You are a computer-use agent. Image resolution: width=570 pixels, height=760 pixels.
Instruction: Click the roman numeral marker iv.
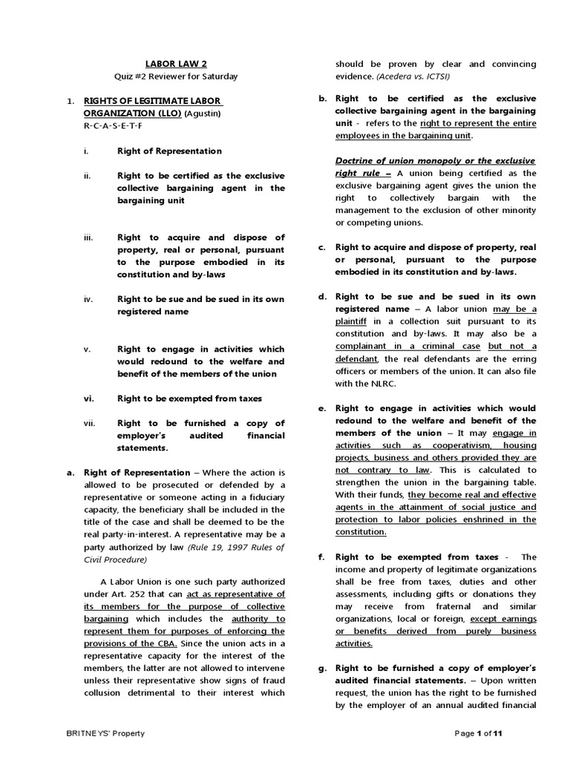[88, 299]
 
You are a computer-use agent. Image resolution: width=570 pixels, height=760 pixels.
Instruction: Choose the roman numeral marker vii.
[89, 423]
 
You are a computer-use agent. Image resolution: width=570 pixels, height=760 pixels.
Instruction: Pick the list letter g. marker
[323, 668]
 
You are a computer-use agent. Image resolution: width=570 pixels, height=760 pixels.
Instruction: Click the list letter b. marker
[323, 98]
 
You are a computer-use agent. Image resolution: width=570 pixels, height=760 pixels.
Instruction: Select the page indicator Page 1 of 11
[479, 733]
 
